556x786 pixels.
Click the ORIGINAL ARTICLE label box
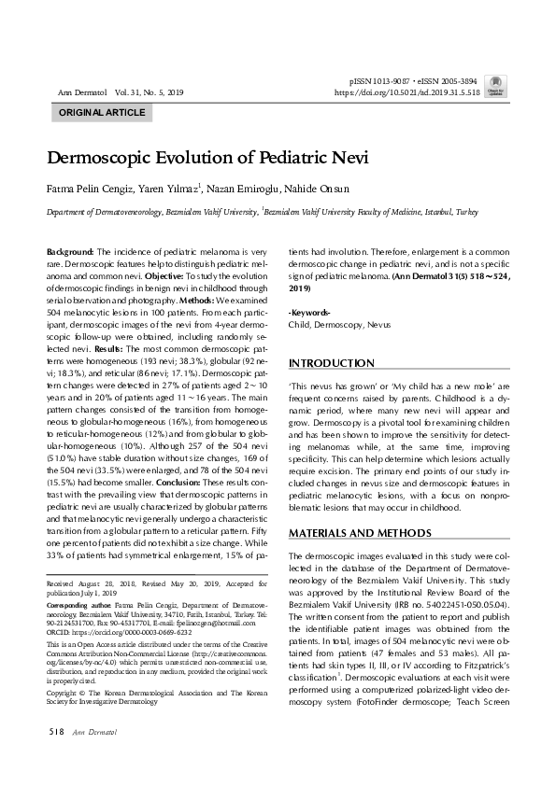pyautogui.click(x=102, y=113)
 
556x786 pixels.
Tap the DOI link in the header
pyautogui.click(x=406, y=93)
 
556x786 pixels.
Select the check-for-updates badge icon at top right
pyautogui.click(x=497, y=84)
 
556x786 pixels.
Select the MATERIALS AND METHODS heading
pyautogui.click(x=360, y=533)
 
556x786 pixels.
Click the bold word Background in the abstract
pyautogui.click(x=70, y=253)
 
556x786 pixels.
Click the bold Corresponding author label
pyautogui.click(x=78, y=606)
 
